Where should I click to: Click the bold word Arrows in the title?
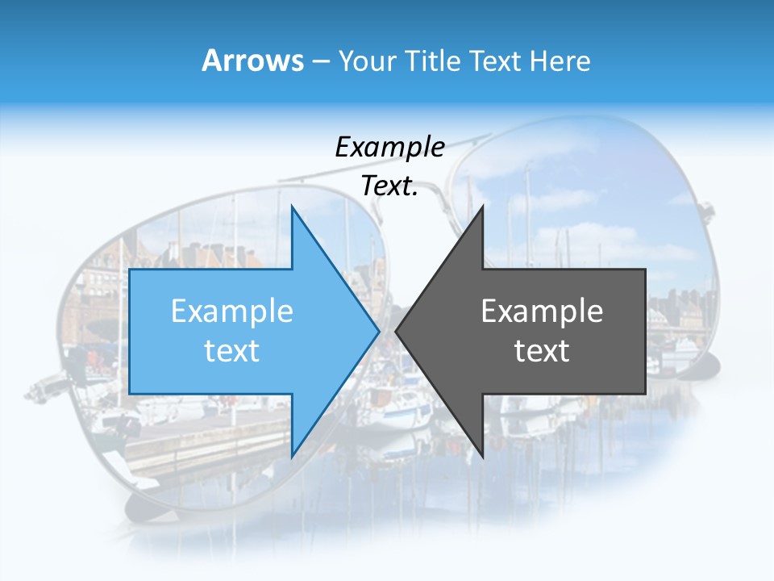tap(253, 61)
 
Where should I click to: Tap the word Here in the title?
tap(560, 61)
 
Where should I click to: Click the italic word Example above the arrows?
tap(389, 147)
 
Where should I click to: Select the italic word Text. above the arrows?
tap(389, 186)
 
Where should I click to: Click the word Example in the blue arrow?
tap(232, 311)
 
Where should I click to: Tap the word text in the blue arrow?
tap(232, 350)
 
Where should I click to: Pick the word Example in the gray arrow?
tap(542, 311)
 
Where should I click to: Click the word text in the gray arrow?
tap(542, 350)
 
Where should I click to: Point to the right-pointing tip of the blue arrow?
tap(378, 331)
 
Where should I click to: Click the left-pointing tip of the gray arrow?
tap(396, 331)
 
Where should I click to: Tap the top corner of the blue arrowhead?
tap(292, 207)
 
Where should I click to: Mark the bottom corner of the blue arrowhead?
tap(292, 456)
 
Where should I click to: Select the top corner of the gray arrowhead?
tap(482, 207)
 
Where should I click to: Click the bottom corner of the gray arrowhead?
tap(482, 456)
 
